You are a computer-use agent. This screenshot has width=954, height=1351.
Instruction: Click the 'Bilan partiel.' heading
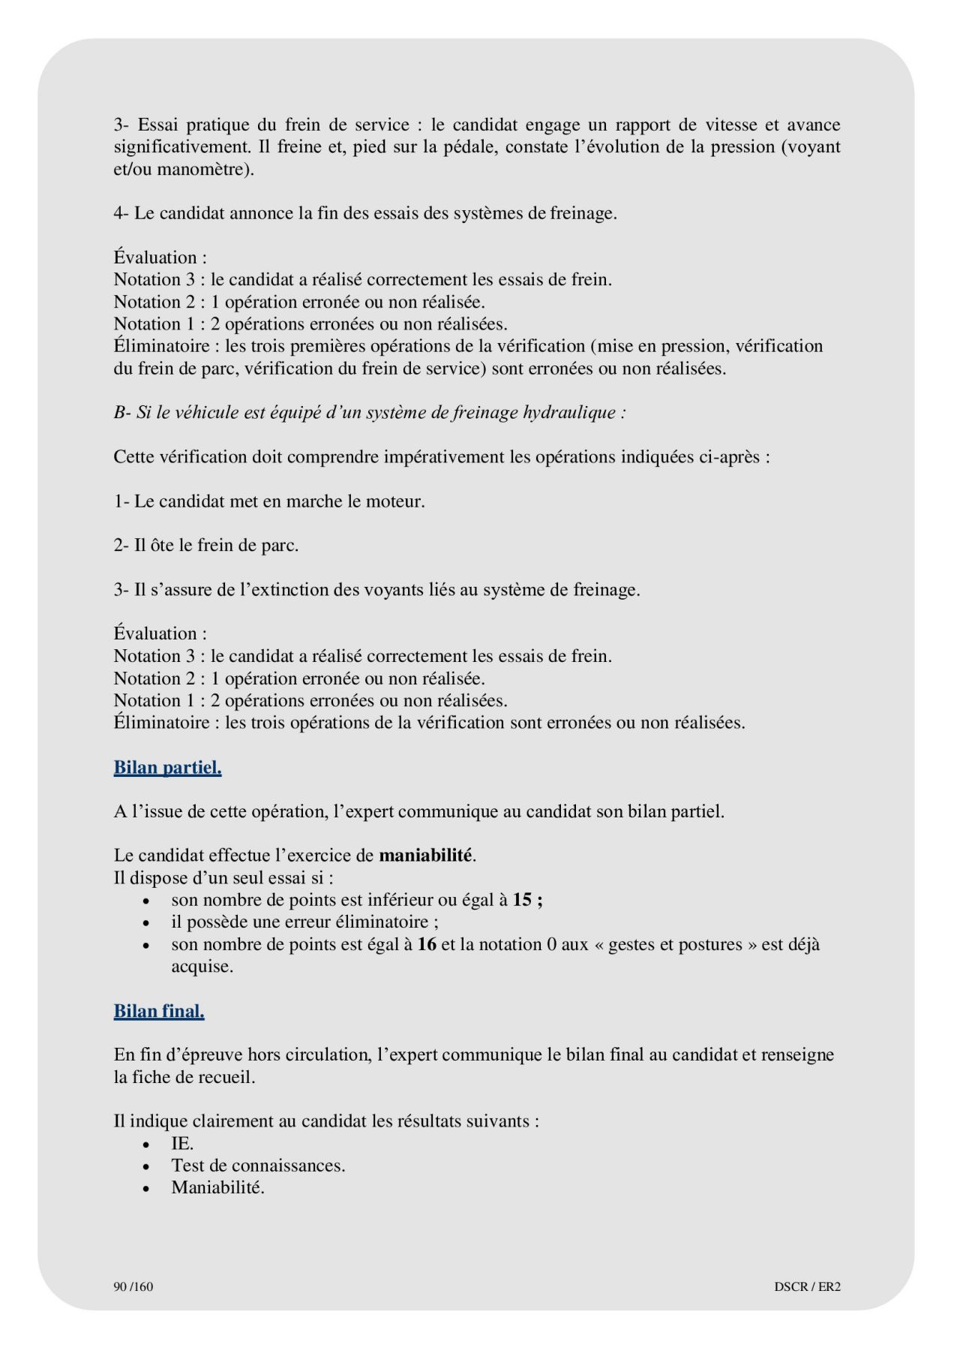[167, 768]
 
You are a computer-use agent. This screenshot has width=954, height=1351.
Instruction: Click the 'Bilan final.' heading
[159, 1011]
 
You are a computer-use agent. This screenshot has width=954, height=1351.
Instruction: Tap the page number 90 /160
[133, 1286]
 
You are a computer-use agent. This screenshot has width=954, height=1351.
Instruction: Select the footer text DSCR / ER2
[807, 1286]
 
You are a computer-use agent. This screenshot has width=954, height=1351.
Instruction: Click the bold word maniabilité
[426, 856]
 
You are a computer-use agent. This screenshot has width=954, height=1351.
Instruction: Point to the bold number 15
[522, 900]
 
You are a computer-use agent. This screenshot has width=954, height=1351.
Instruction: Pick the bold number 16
[427, 944]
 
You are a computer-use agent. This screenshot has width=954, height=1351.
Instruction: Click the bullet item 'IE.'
[182, 1144]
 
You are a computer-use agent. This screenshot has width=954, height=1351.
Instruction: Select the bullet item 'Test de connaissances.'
[258, 1166]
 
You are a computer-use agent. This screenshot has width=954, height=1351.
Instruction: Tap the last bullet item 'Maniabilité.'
[217, 1188]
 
